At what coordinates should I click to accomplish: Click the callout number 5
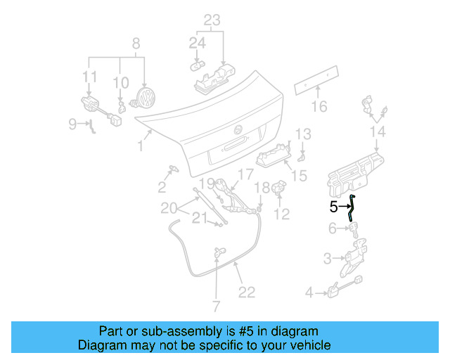[334, 207]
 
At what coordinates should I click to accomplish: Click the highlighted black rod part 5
[352, 209]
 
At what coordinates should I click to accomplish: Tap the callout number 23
[212, 20]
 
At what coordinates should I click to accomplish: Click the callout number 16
[320, 107]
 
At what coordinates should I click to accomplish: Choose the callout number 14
[378, 132]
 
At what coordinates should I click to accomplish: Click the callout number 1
[140, 146]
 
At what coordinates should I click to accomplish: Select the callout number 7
[216, 306]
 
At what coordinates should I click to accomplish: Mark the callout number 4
[309, 292]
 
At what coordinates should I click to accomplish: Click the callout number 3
[327, 259]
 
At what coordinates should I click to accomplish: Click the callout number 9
[73, 124]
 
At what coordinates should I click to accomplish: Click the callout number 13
[302, 134]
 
